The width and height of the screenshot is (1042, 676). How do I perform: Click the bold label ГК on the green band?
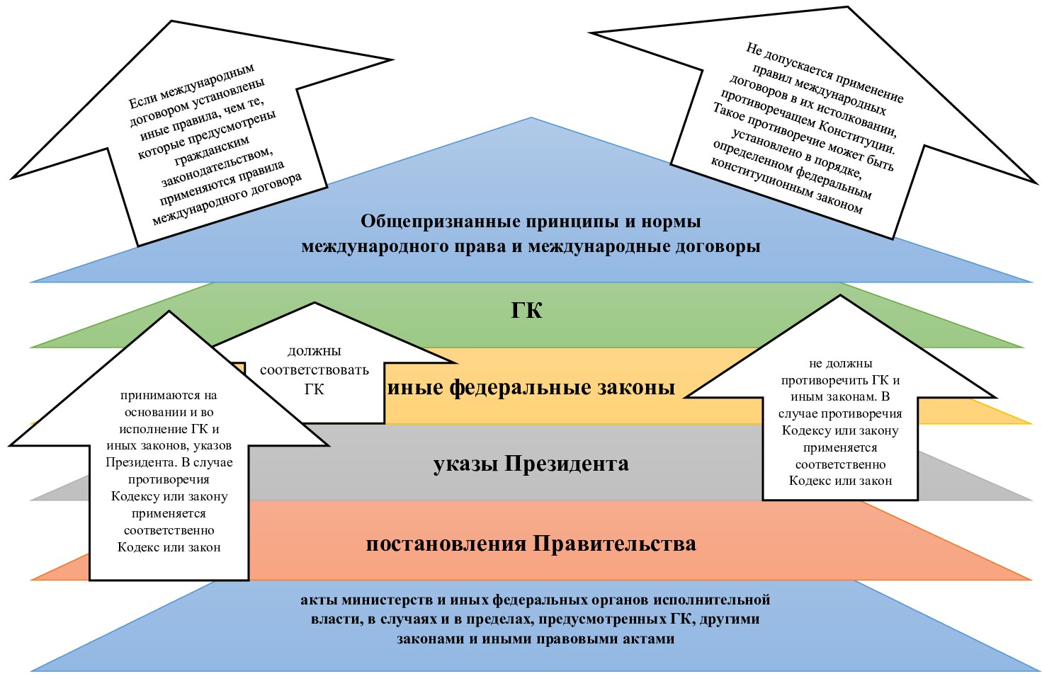[526, 311]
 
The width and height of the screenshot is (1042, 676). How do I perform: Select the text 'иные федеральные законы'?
[531, 387]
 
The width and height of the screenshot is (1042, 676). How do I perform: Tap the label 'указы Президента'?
[531, 464]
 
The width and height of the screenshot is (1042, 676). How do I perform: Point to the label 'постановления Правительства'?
[531, 544]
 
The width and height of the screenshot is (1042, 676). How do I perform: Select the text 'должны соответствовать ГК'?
[314, 369]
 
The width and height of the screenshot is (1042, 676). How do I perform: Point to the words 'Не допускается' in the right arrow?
[787, 64]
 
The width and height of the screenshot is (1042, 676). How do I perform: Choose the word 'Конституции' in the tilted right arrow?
[861, 137]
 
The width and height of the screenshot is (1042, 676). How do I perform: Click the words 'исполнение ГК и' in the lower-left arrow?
[169, 429]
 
